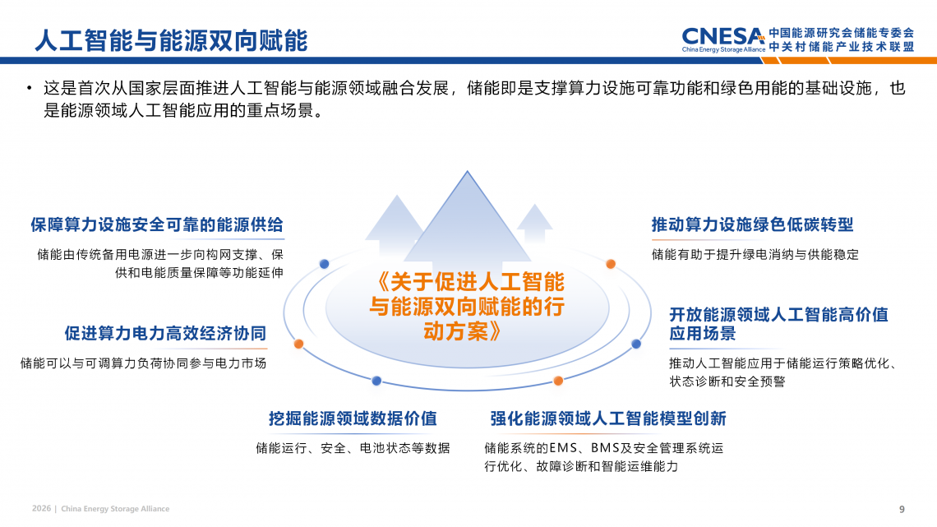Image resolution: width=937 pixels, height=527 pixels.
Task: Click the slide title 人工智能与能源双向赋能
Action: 171,40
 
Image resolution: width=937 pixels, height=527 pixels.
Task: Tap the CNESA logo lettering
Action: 723,36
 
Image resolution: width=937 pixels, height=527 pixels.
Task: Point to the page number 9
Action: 902,509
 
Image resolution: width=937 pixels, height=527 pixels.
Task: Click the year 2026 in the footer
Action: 41,508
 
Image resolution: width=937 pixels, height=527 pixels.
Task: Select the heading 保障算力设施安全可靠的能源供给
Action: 157,224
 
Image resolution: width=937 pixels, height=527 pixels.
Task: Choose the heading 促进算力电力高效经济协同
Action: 165,334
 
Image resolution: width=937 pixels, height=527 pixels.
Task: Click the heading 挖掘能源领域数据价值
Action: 353,418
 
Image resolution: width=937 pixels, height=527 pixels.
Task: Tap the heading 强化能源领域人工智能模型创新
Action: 608,418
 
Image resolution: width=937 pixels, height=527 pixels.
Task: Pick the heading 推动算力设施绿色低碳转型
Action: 752,224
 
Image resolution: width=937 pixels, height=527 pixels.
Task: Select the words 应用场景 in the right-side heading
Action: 703,334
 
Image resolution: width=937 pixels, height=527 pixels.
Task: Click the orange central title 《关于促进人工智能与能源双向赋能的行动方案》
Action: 468,307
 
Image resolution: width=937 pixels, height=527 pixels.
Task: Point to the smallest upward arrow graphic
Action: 534,224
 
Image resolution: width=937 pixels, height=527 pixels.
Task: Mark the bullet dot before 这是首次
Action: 29,89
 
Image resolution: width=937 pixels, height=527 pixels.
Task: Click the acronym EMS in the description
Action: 563,448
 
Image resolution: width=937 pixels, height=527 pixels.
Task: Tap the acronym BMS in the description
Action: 605,448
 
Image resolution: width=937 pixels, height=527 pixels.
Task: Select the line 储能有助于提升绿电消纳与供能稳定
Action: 755,255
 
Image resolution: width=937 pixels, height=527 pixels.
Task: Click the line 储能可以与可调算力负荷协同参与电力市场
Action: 143,363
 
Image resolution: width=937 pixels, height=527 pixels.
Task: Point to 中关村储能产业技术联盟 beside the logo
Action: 842,47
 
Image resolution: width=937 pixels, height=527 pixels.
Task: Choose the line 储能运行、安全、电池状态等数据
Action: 353,448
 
